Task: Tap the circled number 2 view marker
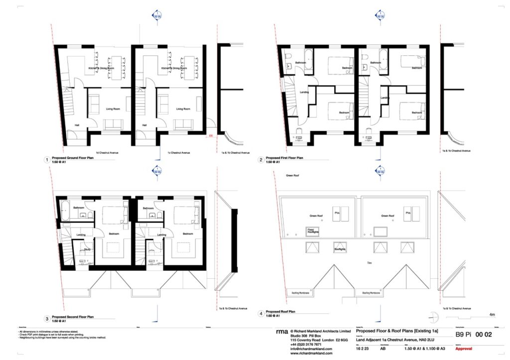(260, 160)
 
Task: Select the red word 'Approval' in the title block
(463, 349)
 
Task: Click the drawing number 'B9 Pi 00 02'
(471, 335)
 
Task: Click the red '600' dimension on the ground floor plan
(211, 134)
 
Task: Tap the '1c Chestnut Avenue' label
(179, 152)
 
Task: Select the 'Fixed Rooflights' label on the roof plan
(313, 231)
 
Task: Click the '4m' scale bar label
(492, 314)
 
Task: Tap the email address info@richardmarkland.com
(310, 349)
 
